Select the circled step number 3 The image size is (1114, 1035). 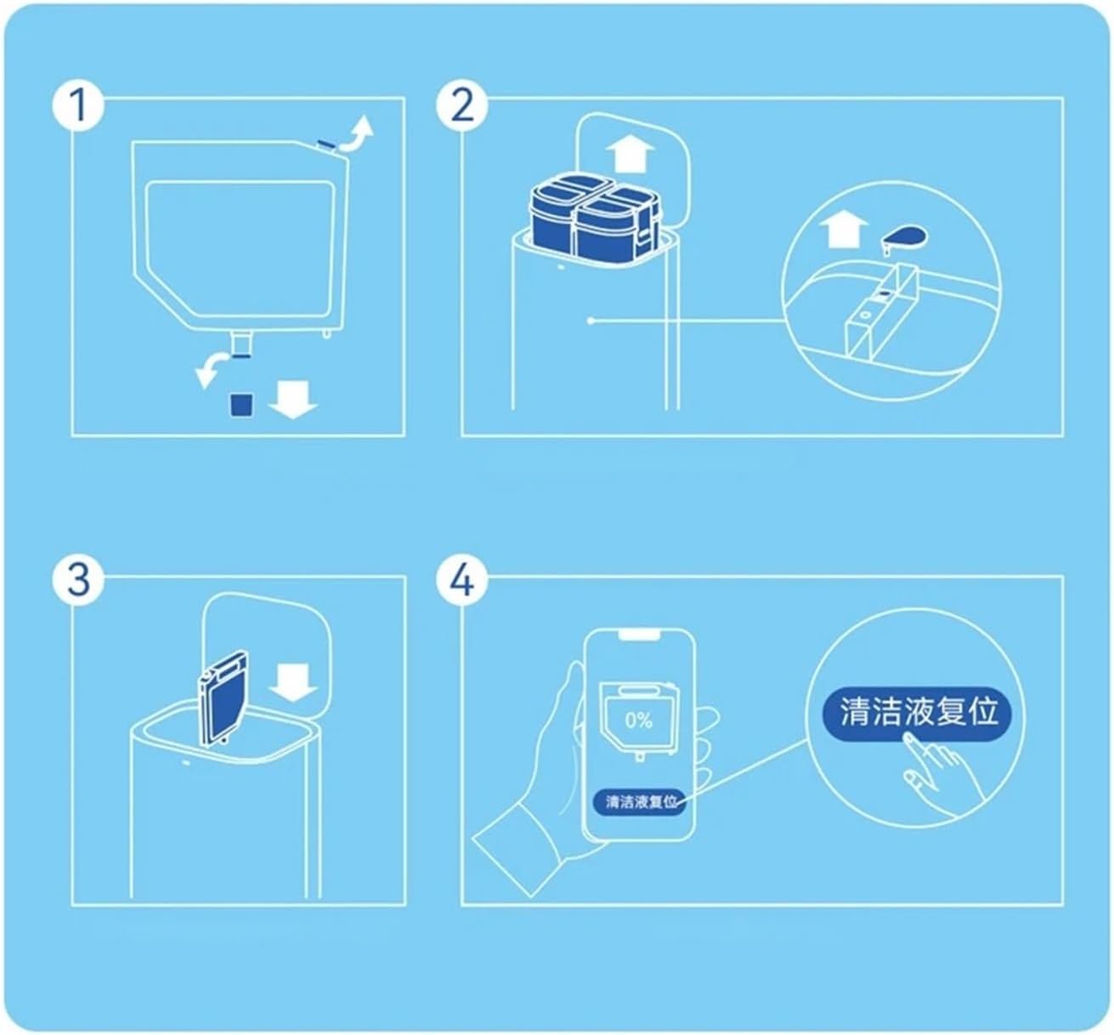pos(78,580)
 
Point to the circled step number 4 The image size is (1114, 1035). pos(461,580)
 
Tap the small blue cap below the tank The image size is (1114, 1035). pos(242,404)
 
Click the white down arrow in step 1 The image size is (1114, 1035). pos(293,399)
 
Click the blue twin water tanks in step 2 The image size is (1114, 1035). pos(595,219)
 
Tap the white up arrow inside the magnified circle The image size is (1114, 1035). pos(845,229)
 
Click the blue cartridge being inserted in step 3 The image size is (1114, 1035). pos(223,699)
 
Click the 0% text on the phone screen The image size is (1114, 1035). pos(638,721)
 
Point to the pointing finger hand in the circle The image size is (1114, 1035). pos(935,769)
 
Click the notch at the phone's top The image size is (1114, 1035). pos(639,636)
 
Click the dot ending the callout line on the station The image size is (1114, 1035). pos(591,321)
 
